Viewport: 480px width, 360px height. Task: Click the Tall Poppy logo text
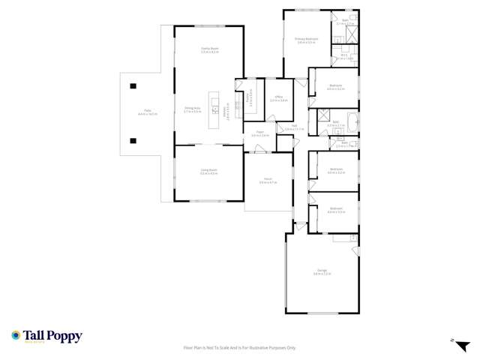point(52,336)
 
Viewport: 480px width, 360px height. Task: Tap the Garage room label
point(322,274)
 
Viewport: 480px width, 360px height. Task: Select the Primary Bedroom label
point(306,40)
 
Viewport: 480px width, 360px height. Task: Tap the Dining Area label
point(192,109)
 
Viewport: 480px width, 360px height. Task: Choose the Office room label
point(278,98)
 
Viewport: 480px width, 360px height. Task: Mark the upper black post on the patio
point(133,85)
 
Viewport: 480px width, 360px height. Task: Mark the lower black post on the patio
point(133,140)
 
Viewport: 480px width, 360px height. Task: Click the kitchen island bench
point(214,109)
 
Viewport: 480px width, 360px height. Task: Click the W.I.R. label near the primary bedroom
point(343,56)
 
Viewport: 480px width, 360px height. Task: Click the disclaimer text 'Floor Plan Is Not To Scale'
point(239,348)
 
